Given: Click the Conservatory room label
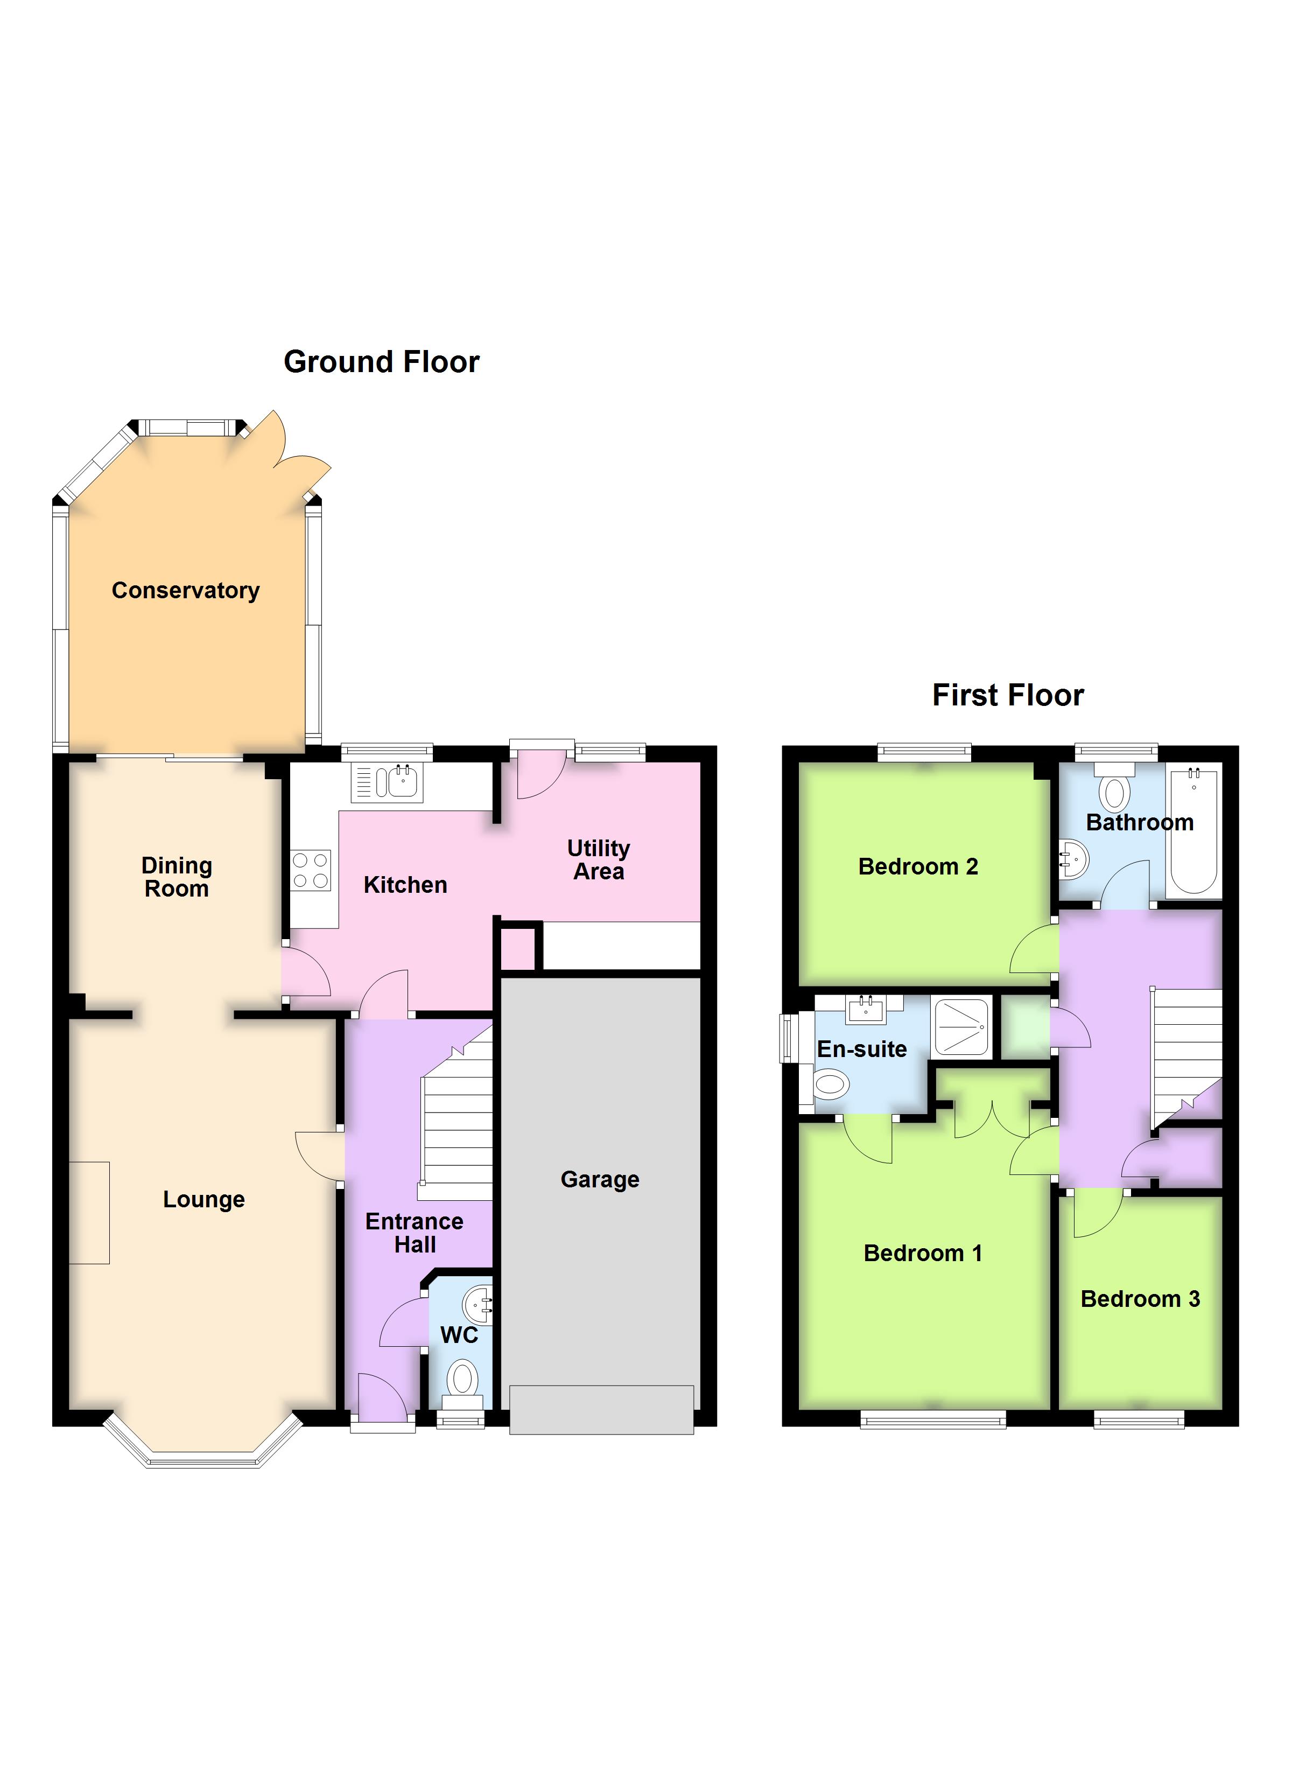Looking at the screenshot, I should click(186, 591).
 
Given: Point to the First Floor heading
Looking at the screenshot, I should click(1008, 696).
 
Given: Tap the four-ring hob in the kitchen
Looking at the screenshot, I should click(310, 871).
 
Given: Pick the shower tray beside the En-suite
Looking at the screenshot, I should click(962, 1026).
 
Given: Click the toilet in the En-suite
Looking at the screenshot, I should click(831, 1086).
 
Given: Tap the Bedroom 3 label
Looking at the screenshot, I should click(1140, 1299).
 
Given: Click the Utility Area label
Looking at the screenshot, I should click(599, 859).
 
